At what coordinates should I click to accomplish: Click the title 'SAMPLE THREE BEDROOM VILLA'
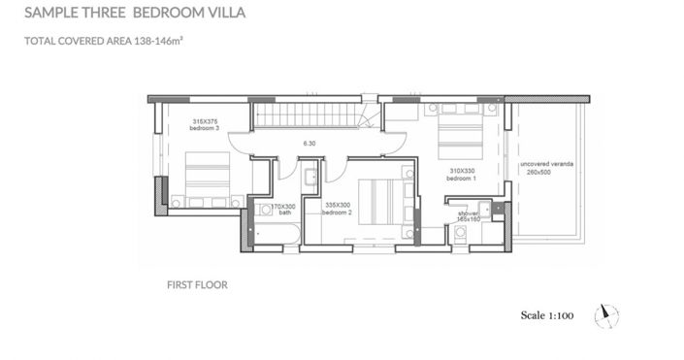coord(135,13)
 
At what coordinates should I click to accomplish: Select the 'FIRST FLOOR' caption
coord(197,285)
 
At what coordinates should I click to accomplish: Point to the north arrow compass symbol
coord(609,315)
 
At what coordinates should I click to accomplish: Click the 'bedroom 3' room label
coord(204,128)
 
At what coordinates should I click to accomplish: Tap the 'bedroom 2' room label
coord(337,212)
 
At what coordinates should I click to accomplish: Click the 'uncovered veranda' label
coord(546,164)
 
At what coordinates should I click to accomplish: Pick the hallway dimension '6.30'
coord(310,143)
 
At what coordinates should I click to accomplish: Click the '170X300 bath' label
coord(284,209)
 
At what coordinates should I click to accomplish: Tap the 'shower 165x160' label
coord(470,215)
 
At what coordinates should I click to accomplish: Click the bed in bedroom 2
coord(378,201)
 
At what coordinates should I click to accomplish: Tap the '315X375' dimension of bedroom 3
coord(204,121)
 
